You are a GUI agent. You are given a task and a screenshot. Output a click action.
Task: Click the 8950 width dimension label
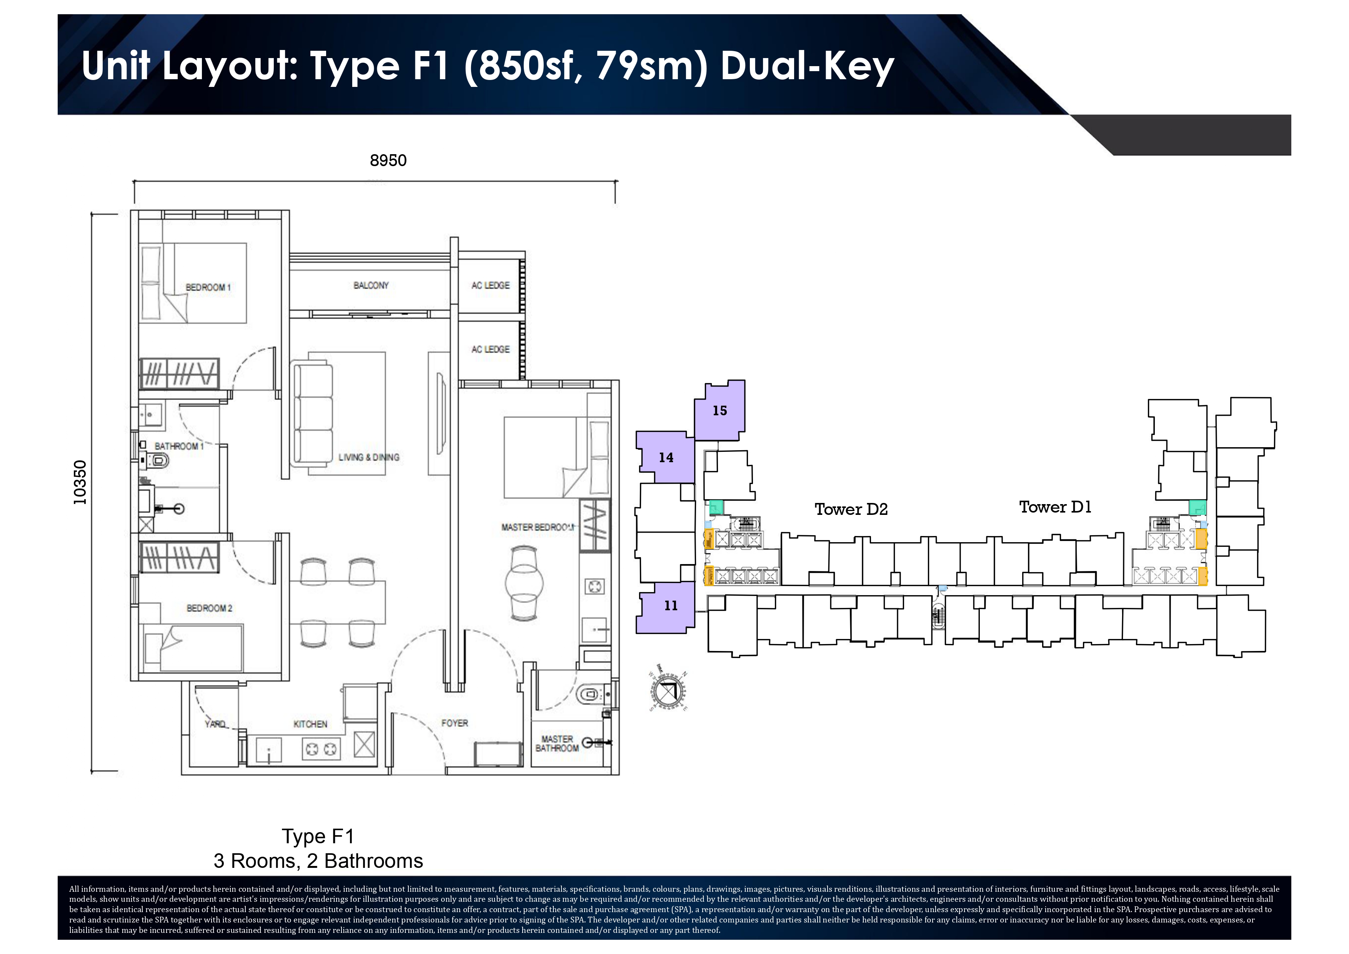point(388,160)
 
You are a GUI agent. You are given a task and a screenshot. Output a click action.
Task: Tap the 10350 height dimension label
point(80,482)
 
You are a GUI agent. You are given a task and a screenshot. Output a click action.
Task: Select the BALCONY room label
point(371,285)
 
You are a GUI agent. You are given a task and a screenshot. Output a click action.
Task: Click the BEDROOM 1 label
point(208,287)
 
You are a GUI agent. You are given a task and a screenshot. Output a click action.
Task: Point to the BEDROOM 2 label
point(209,608)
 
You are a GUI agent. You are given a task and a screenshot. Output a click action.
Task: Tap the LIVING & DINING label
point(369,457)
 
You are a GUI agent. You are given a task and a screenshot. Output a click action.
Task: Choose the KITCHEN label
point(310,724)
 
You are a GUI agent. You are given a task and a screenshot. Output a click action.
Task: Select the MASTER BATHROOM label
point(556,743)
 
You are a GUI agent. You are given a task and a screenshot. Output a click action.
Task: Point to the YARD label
point(215,724)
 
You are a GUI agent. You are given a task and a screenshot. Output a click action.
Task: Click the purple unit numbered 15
point(720,411)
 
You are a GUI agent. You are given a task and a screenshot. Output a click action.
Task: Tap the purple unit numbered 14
point(666,458)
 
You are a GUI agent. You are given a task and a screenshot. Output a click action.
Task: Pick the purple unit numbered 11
point(670,606)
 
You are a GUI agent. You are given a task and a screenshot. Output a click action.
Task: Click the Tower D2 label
point(851,509)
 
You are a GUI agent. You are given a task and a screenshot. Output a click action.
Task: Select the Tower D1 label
point(1055,507)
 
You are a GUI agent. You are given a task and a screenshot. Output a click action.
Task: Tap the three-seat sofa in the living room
point(313,414)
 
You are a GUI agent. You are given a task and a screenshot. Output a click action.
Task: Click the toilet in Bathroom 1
point(159,461)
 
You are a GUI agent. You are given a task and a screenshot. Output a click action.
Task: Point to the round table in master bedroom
point(524,583)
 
